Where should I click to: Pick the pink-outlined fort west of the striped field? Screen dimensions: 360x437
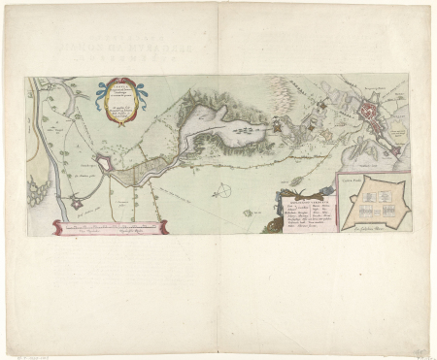[x=106, y=167]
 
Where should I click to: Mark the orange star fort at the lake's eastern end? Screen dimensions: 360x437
[x=276, y=125]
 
